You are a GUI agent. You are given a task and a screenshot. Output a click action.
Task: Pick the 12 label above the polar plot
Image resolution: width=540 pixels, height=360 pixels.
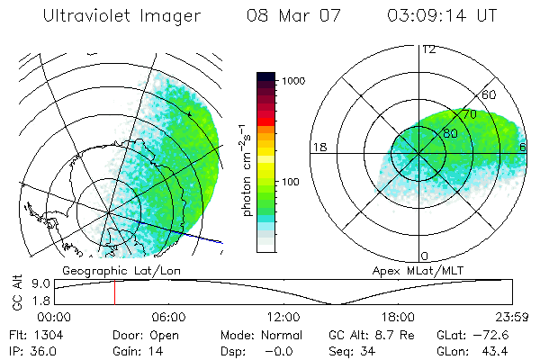428,49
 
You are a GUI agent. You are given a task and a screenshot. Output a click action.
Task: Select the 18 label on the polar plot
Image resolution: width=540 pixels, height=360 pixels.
319,147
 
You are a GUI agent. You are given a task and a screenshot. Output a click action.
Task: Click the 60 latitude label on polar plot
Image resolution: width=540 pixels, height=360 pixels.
490,95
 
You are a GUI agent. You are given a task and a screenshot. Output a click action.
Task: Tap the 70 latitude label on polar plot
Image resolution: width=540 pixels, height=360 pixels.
468,115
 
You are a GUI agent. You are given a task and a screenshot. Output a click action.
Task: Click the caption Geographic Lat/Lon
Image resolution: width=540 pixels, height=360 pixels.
105,270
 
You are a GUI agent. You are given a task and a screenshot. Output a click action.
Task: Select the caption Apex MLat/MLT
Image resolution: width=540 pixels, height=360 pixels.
416,270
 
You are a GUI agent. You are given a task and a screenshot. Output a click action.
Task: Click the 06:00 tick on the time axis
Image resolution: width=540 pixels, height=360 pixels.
168,317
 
